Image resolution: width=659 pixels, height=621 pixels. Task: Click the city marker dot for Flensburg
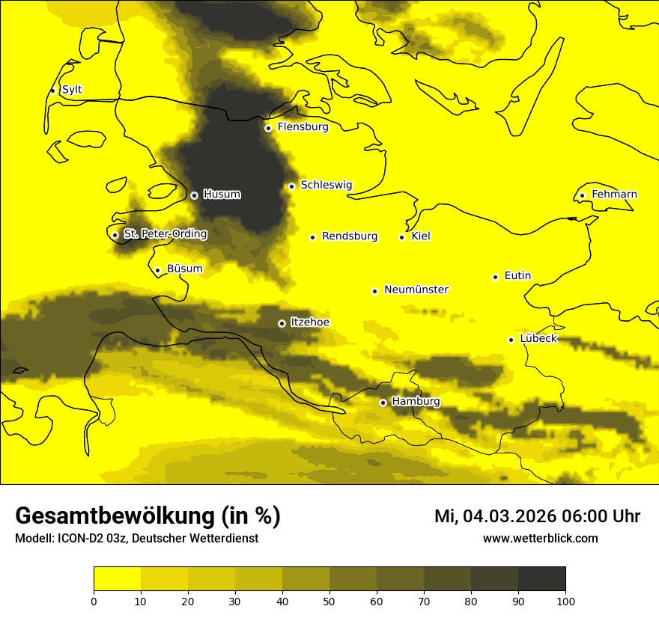tap(268, 128)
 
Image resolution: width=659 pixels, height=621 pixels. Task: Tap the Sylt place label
tap(72, 90)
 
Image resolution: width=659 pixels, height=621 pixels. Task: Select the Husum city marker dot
tap(194, 195)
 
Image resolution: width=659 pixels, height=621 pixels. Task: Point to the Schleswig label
tap(326, 185)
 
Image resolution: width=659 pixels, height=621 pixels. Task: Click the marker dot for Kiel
tap(402, 237)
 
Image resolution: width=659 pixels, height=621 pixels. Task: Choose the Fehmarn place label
tap(614, 195)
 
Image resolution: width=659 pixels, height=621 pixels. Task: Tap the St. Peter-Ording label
tap(165, 234)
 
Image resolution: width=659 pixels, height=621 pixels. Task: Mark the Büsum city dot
tap(157, 271)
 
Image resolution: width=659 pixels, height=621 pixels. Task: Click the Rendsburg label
tap(350, 236)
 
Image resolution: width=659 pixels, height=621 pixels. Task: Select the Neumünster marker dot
tap(374, 291)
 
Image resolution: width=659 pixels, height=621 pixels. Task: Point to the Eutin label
tap(517, 276)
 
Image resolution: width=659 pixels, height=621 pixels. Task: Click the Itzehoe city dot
tap(282, 323)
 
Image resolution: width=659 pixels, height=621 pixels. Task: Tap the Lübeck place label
tap(538, 339)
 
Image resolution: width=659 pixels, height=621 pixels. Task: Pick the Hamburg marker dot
tap(383, 403)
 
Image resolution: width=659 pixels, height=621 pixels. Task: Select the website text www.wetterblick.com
tap(540, 539)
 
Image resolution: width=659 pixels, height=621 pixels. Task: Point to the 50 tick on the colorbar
tap(329, 601)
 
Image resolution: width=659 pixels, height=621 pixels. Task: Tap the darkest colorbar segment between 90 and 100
tap(541, 578)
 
